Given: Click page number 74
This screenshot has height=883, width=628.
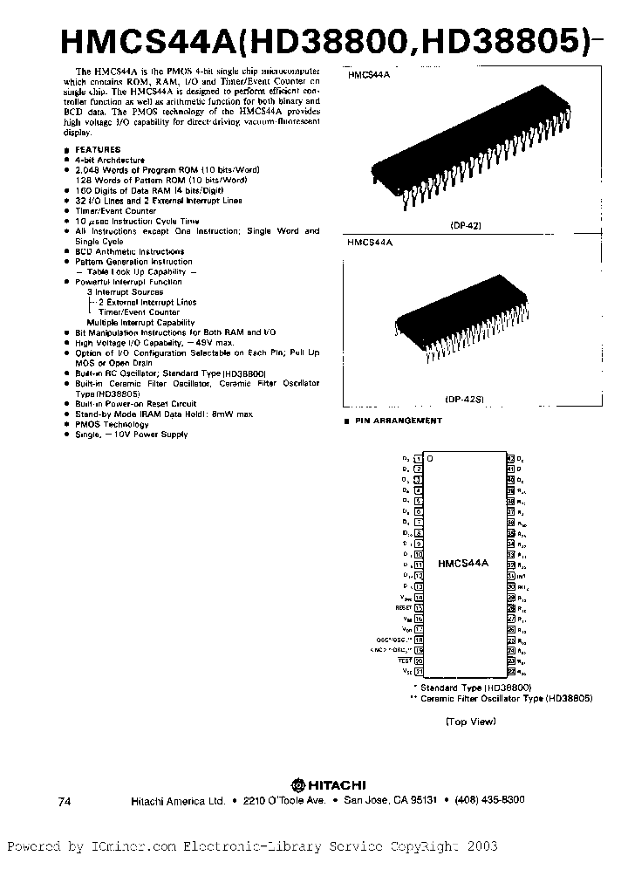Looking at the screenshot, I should coord(64,801).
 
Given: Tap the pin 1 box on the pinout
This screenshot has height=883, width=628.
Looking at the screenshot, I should coord(418,458).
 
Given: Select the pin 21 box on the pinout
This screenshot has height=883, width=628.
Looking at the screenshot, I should coord(418,671).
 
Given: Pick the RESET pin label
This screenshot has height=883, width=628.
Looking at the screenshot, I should coord(403,607).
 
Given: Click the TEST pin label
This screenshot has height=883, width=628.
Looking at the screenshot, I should coord(406,661).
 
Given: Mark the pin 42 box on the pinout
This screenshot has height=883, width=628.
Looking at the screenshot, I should coord(510,458).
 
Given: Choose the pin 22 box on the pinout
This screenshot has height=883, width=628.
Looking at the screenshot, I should coord(510,671).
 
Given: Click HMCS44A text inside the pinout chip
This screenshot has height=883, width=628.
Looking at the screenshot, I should coord(463,565).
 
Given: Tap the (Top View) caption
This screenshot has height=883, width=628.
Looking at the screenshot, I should coord(470,721).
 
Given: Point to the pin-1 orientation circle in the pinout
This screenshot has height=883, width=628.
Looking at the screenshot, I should coord(429,459).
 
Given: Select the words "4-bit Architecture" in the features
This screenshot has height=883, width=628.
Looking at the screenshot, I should coord(109,161).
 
